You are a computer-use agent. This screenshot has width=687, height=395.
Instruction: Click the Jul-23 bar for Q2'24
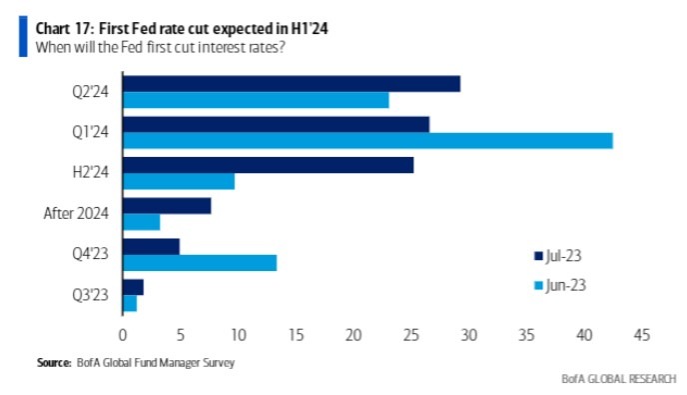pyautogui.click(x=291, y=84)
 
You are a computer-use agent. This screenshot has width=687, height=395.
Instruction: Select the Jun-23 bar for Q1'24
pyautogui.click(x=366, y=140)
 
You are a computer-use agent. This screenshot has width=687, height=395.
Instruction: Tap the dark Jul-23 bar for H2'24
pyautogui.click(x=268, y=165)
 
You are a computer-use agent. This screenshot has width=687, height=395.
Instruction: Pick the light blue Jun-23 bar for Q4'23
pyautogui.click(x=199, y=262)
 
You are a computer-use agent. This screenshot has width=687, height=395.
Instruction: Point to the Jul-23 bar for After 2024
pyautogui.click(x=166, y=206)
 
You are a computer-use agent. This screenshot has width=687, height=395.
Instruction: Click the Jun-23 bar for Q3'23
pyautogui.click(x=129, y=303)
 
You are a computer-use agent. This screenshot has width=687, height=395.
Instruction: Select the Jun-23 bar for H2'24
pyautogui.click(x=178, y=181)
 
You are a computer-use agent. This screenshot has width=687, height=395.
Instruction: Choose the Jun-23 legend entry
pyautogui.click(x=559, y=286)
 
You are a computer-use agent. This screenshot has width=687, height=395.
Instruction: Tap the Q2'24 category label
pyautogui.click(x=93, y=91)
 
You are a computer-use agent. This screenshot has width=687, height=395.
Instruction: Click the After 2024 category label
pyautogui.click(x=81, y=213)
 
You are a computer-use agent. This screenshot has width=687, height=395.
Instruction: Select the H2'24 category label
pyautogui.click(x=93, y=173)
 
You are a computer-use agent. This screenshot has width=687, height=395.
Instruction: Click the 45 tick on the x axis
pyautogui.click(x=641, y=334)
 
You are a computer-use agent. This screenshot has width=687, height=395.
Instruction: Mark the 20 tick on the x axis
pyautogui.click(x=352, y=334)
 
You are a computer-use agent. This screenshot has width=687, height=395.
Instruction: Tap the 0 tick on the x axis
pyautogui.click(x=123, y=334)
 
